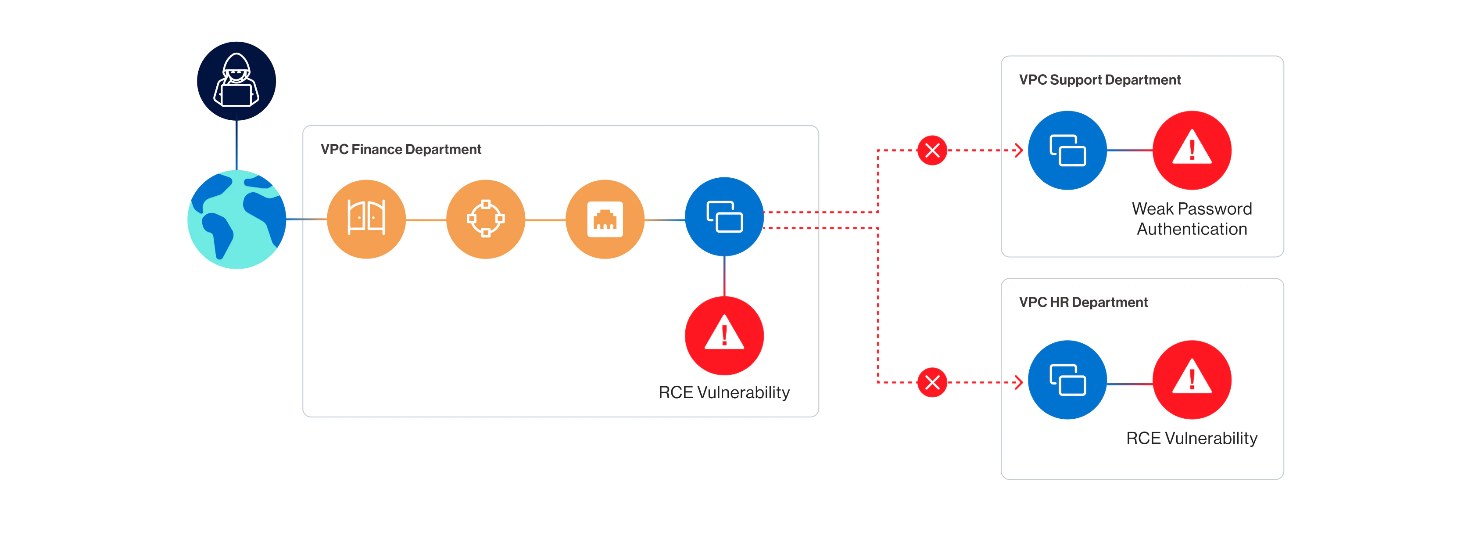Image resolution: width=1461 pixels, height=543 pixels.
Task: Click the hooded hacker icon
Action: click(236, 81)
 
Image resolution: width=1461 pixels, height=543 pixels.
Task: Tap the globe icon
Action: click(236, 219)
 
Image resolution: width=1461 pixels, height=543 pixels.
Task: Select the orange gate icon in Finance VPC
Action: click(366, 219)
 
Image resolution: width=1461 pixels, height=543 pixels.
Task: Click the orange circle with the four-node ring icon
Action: click(486, 219)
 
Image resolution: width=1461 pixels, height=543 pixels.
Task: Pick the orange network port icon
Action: click(605, 219)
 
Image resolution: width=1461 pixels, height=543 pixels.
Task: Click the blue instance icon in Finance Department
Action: click(724, 217)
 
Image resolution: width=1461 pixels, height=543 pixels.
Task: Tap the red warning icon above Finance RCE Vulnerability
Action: click(724, 335)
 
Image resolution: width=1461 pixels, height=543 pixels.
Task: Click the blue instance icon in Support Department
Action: click(1067, 151)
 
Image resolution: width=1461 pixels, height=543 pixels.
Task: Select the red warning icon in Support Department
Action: click(1192, 151)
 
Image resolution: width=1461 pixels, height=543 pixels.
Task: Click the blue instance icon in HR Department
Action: click(1067, 380)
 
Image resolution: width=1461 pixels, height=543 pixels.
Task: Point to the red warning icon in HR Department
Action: click(1192, 380)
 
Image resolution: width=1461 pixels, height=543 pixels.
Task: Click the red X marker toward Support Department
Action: click(932, 151)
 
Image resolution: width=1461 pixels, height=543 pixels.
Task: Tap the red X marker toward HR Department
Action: click(932, 382)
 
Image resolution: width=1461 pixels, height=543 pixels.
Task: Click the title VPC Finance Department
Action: click(401, 149)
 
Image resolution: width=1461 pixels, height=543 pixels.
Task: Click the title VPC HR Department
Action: click(1083, 302)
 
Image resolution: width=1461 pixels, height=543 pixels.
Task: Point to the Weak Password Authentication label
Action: click(1192, 219)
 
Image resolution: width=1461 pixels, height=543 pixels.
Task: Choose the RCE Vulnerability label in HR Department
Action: click(1192, 438)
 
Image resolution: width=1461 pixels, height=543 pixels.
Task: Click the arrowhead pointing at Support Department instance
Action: click(1019, 151)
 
